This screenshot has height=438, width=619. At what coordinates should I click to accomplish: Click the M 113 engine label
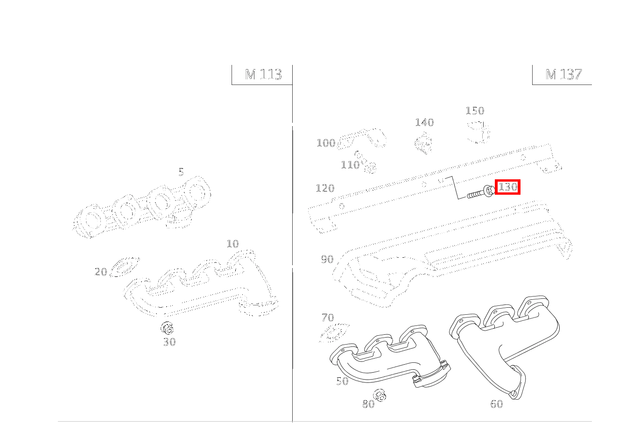pos(263,75)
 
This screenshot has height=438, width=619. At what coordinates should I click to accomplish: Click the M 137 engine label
pos(563,75)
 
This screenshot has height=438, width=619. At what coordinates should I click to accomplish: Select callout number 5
pos(181,172)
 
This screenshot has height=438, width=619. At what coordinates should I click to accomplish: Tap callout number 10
pos(232,244)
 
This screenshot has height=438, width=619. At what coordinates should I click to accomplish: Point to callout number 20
pos(100,272)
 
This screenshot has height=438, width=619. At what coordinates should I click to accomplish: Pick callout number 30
pos(169,342)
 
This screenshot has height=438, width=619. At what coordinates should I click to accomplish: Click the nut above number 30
pos(167,328)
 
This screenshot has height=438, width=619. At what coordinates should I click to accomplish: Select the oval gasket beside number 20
pos(125,267)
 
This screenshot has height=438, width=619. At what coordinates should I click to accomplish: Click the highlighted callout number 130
pos(507,187)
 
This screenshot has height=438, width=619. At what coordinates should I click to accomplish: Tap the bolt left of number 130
pos(481,192)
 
